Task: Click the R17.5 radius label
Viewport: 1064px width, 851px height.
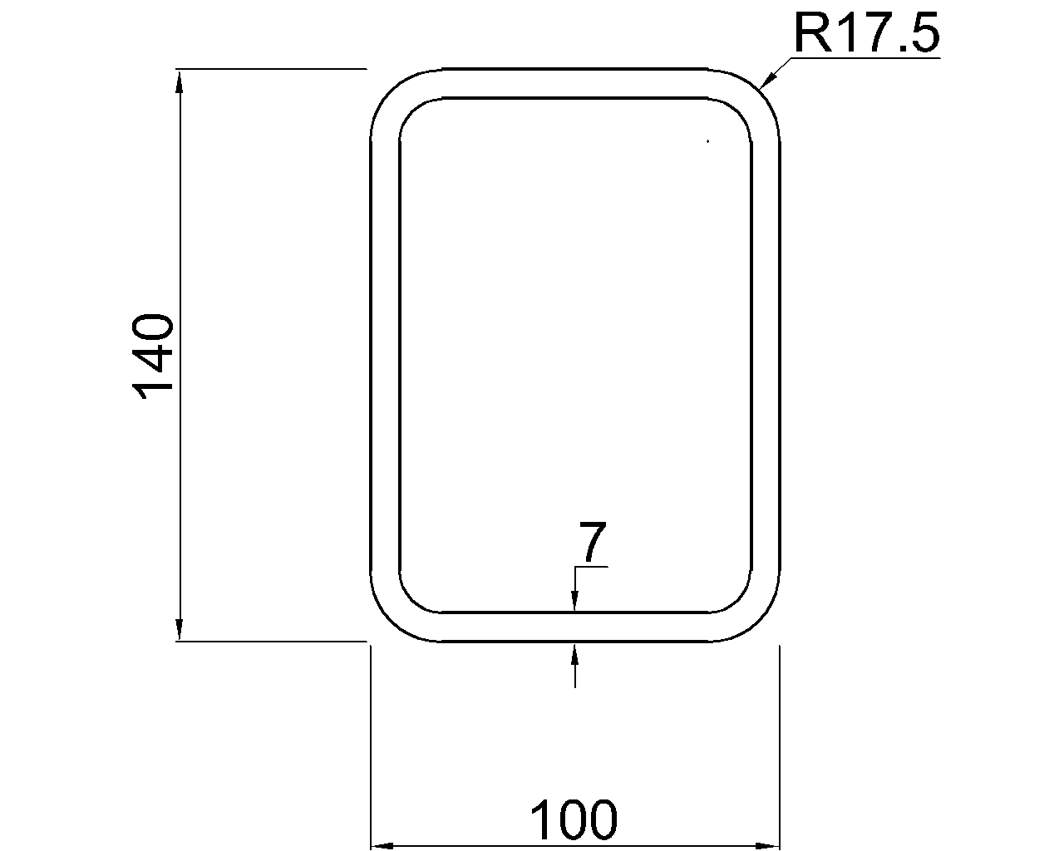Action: pyautogui.click(x=866, y=33)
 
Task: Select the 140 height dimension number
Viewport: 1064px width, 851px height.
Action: pyautogui.click(x=154, y=356)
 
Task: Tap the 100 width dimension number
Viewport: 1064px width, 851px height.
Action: pyautogui.click(x=574, y=819)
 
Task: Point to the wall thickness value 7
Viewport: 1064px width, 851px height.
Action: pyautogui.click(x=593, y=544)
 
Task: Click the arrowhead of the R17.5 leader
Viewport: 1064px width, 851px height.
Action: pyautogui.click(x=767, y=80)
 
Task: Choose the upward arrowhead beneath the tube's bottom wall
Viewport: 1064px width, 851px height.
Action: pyautogui.click(x=574, y=653)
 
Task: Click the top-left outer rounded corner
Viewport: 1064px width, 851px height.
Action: pyautogui.click(x=391, y=90)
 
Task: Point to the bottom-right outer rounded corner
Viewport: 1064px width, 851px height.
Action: pyautogui.click(x=759, y=620)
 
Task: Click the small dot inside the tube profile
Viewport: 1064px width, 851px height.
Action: pyautogui.click(x=707, y=142)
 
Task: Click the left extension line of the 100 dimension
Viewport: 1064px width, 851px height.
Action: pyautogui.click(x=370, y=748)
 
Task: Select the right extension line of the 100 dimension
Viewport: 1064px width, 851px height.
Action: pyautogui.click(x=779, y=748)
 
